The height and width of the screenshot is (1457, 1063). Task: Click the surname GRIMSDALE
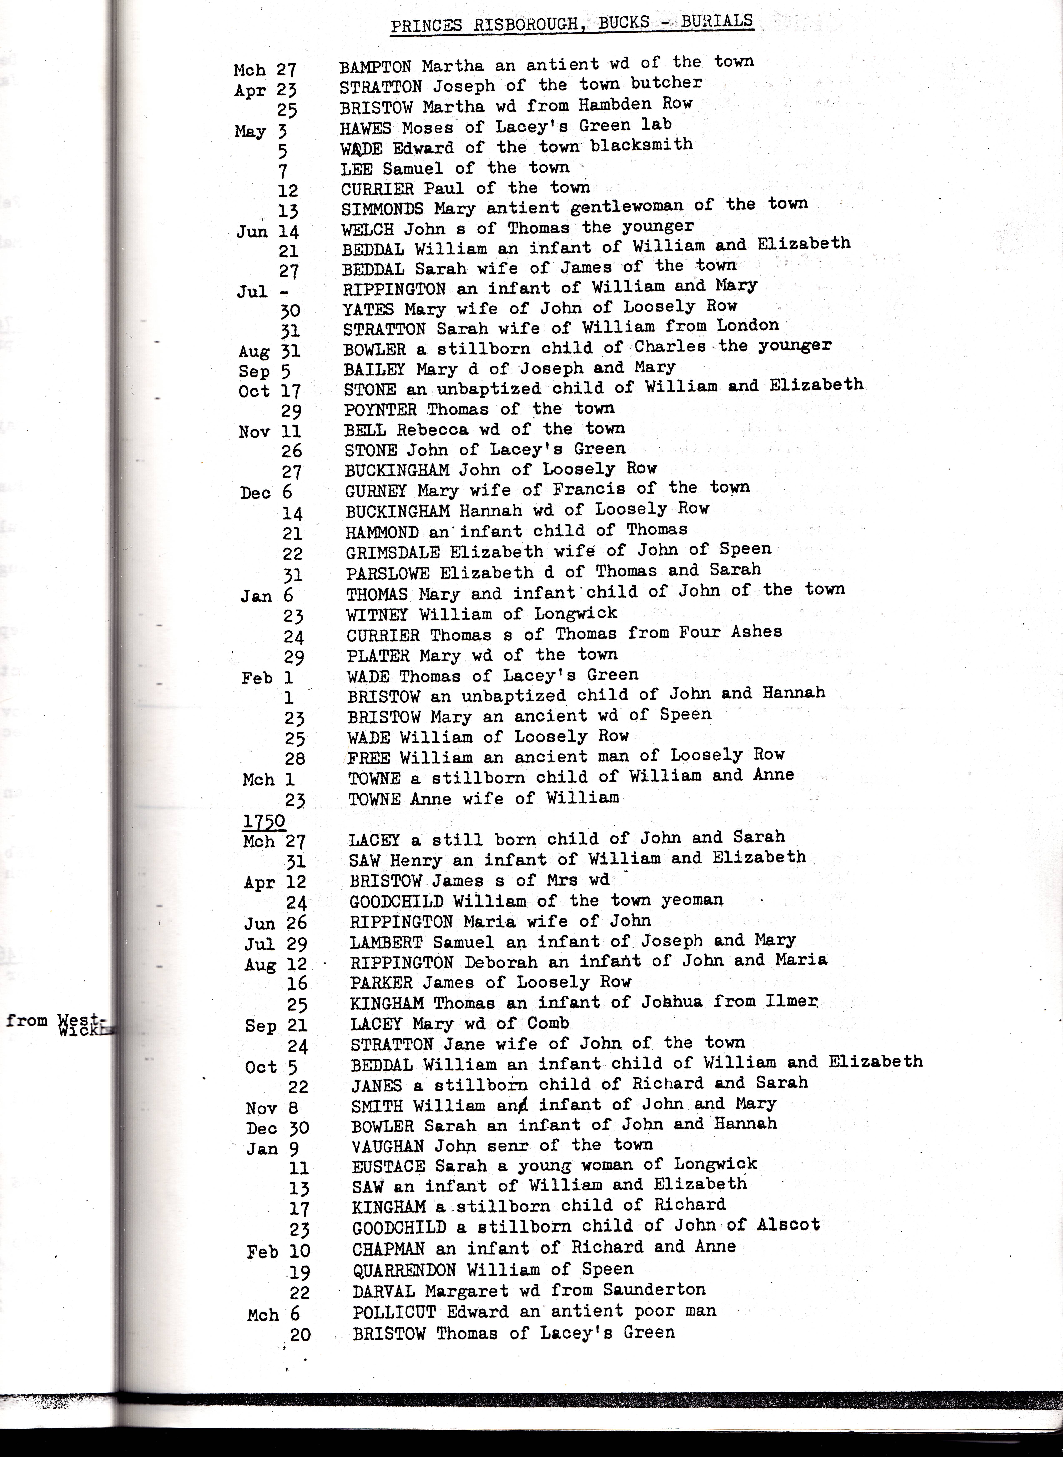(x=393, y=552)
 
